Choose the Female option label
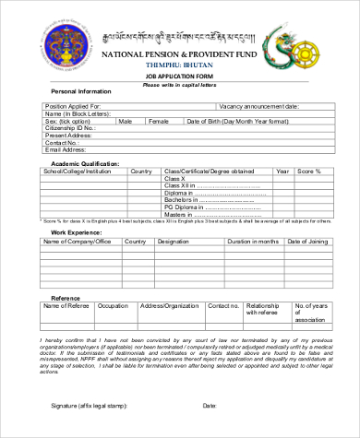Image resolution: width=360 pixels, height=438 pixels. point(159,121)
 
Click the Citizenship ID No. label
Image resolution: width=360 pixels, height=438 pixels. point(69,128)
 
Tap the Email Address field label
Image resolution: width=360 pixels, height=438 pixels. point(67,149)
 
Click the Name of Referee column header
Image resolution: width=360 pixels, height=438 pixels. point(66,305)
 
